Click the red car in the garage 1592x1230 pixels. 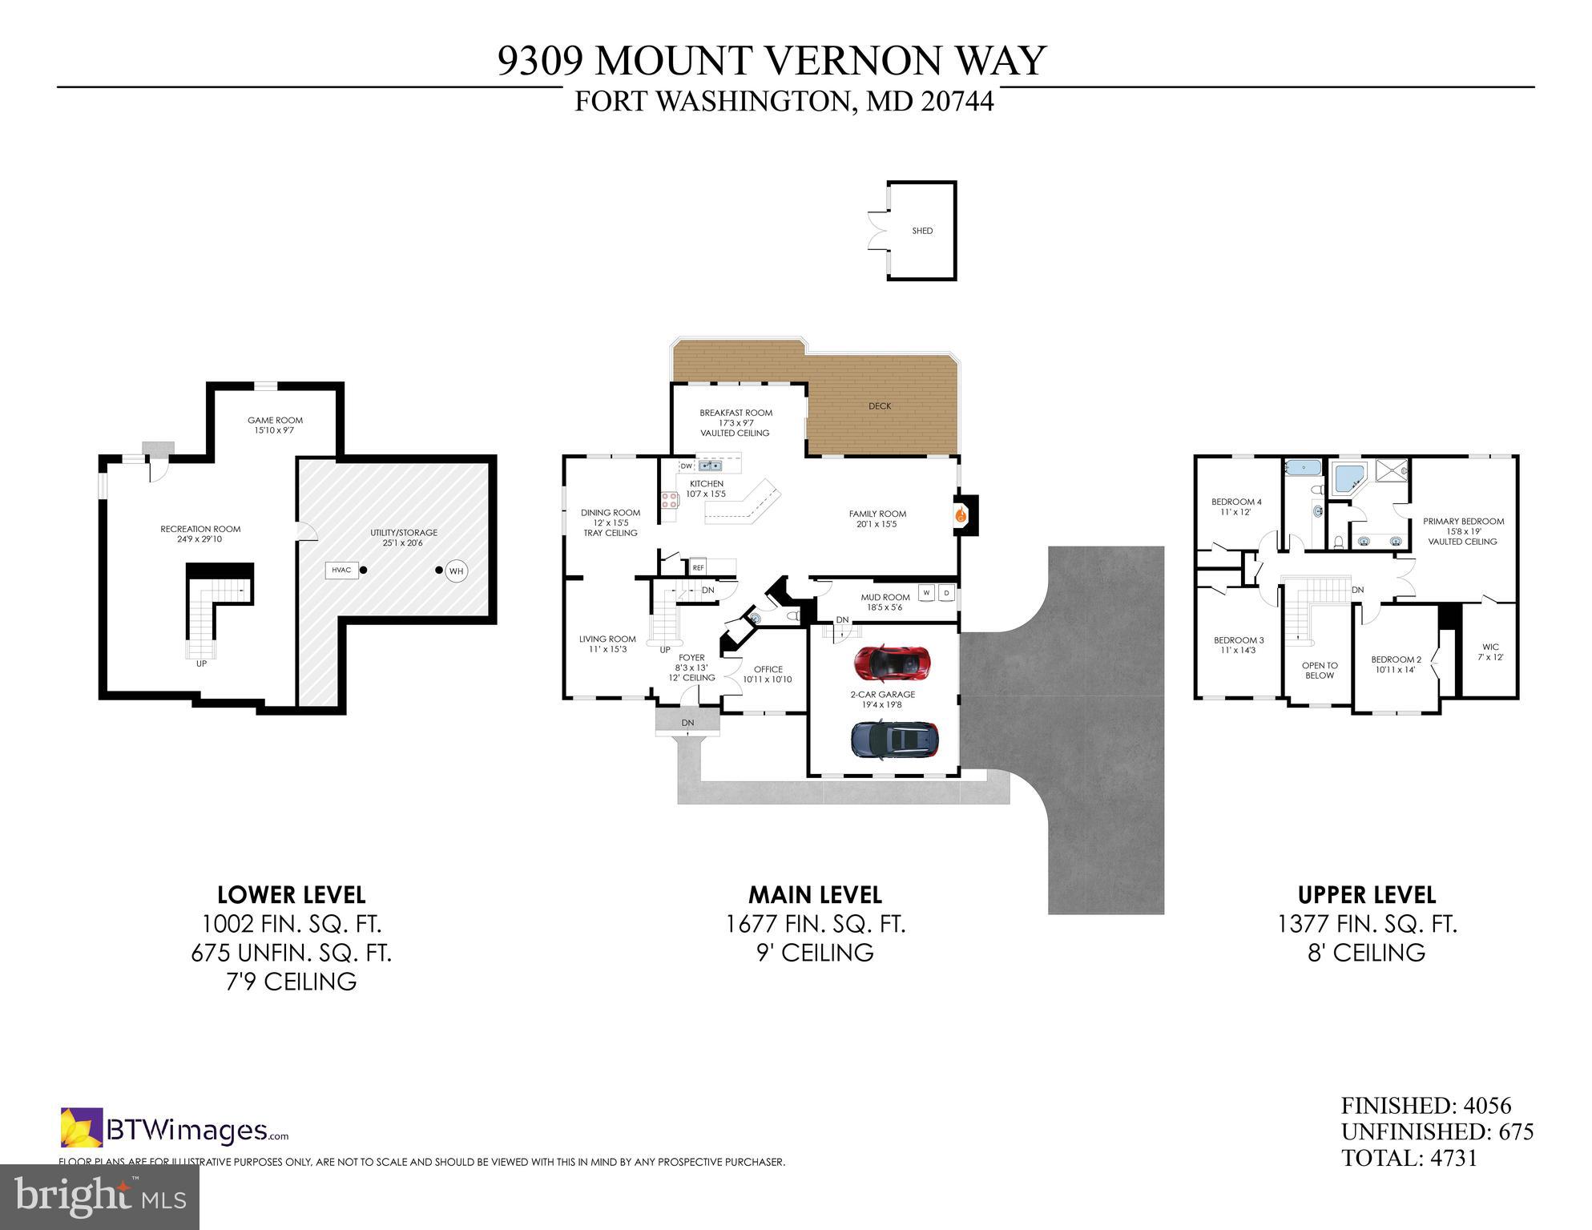click(x=890, y=663)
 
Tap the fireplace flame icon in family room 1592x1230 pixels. click(x=960, y=516)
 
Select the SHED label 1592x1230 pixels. click(x=922, y=231)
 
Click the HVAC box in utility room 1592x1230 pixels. click(x=341, y=571)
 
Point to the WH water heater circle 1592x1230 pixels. click(x=456, y=571)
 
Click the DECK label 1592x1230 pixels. click(x=880, y=406)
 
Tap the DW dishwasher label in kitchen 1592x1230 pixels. click(x=686, y=466)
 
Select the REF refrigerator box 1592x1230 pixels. click(x=698, y=567)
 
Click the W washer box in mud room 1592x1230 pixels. click(x=927, y=593)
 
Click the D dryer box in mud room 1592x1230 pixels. click(x=946, y=593)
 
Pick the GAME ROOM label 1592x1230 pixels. click(x=275, y=421)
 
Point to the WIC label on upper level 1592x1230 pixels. click(x=1490, y=647)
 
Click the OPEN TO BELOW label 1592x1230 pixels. click(x=1320, y=670)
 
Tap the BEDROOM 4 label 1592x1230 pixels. click(x=1236, y=502)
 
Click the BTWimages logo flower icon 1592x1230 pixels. click(x=82, y=1127)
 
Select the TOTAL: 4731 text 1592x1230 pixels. click(x=1409, y=1158)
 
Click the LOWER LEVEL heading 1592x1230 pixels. click(x=291, y=895)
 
